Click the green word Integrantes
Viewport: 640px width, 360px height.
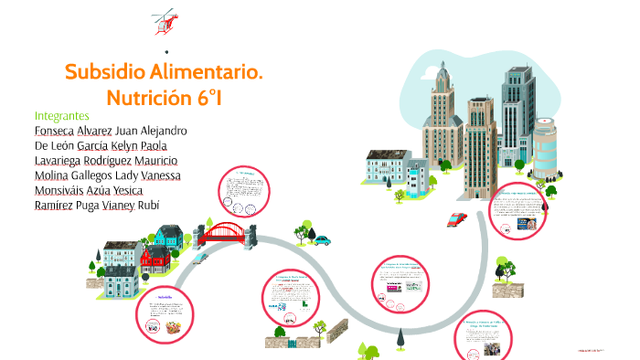pyautogui.click(x=61, y=116)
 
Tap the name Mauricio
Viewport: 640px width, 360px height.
pyautogui.click(x=163, y=161)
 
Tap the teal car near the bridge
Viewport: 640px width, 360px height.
pyautogui.click(x=321, y=239)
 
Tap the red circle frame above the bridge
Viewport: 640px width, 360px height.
pyautogui.click(x=244, y=194)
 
